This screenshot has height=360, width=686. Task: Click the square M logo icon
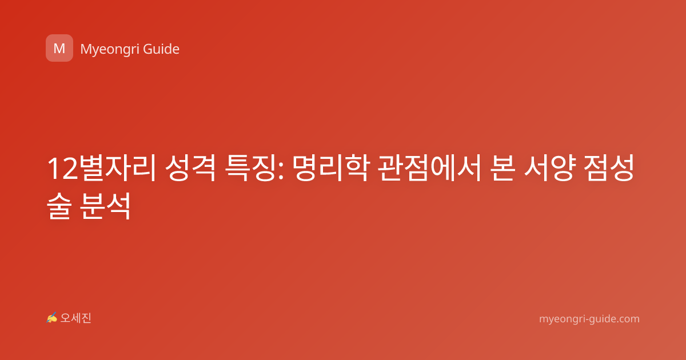[x=59, y=48]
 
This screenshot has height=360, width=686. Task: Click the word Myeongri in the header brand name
[x=110, y=50]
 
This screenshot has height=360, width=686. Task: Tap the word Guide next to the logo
[x=161, y=49]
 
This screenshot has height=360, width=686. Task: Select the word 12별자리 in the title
[x=102, y=168]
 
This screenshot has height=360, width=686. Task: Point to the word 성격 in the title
[x=190, y=168]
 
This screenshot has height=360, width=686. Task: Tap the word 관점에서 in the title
[x=429, y=168]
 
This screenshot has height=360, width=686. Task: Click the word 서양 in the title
[x=549, y=168]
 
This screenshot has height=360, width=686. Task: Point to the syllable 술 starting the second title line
[x=59, y=206]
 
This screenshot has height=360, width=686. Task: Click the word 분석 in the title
[x=106, y=206]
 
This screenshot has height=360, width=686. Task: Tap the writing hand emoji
[x=51, y=318]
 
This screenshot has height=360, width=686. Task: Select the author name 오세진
[x=75, y=318]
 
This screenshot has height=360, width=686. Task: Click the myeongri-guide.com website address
[x=589, y=319]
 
